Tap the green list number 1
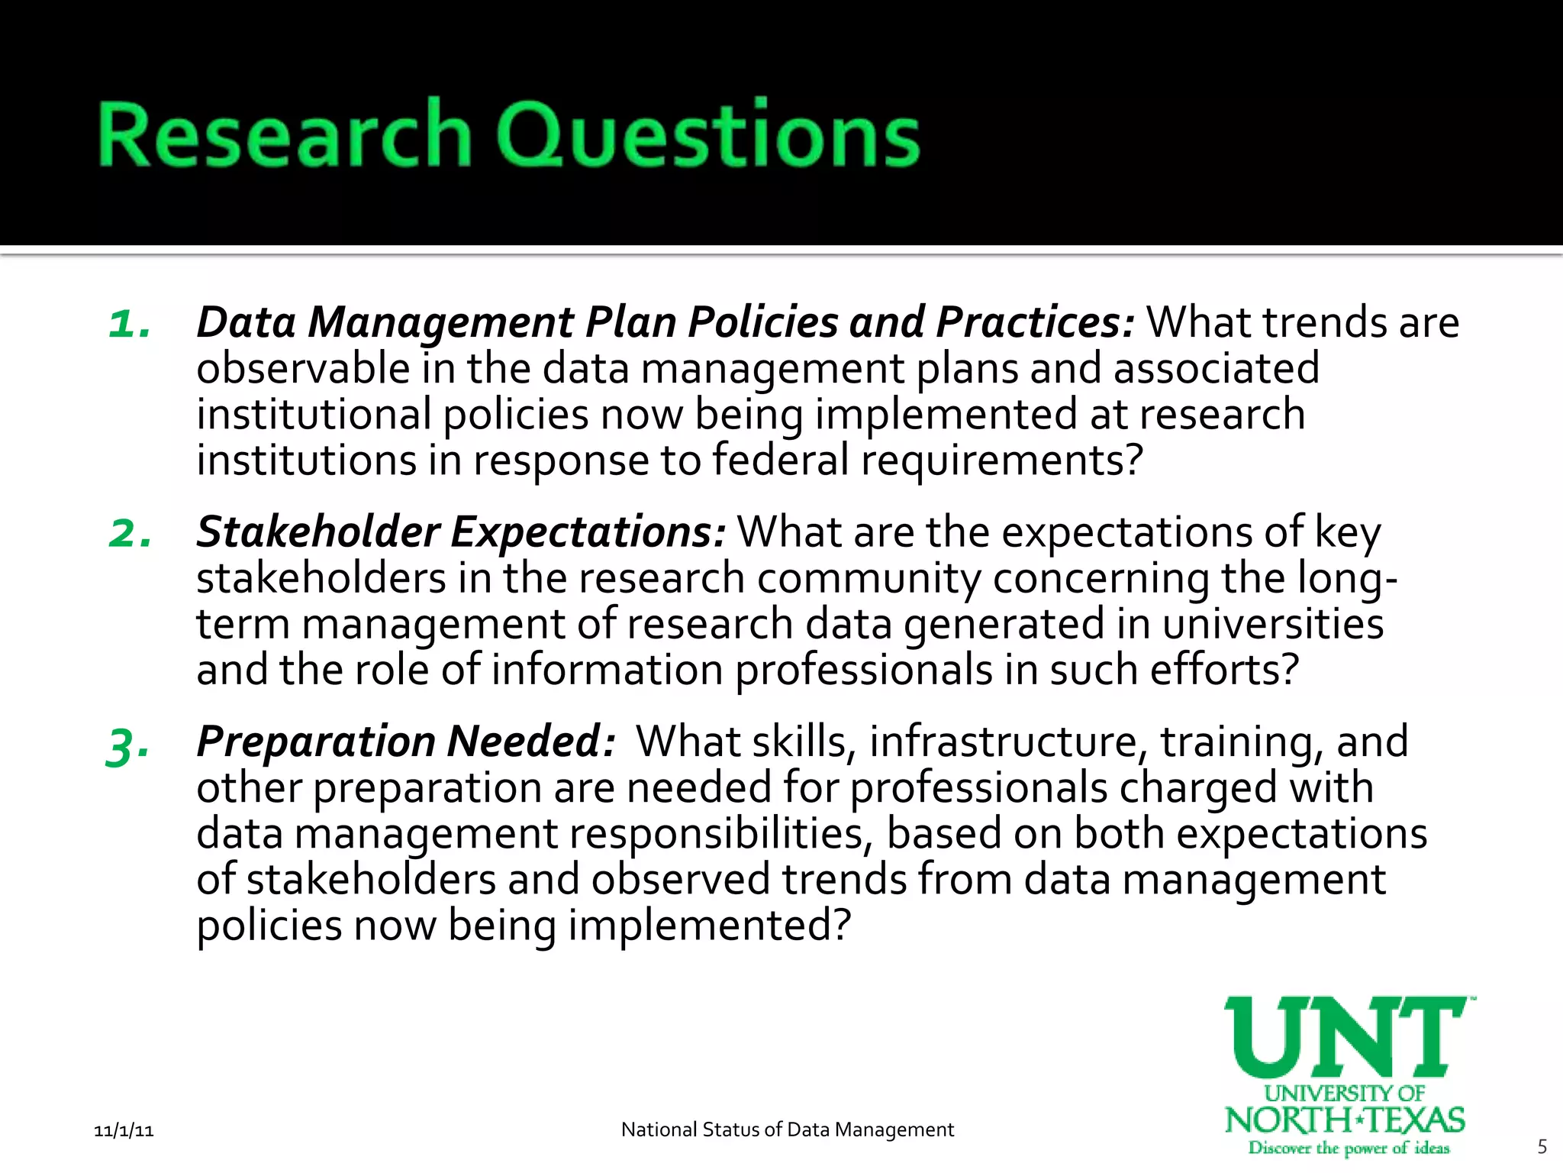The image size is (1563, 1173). tap(128, 324)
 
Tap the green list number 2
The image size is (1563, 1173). tap(130, 533)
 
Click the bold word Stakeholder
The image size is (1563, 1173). tap(318, 532)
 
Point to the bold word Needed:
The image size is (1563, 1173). tap(531, 741)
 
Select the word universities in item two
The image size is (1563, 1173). tap(1273, 623)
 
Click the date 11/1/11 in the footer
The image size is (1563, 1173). tap(124, 1130)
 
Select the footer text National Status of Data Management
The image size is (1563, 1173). tap(787, 1129)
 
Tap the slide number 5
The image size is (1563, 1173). tap(1542, 1146)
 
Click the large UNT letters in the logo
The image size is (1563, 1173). tap(1346, 1037)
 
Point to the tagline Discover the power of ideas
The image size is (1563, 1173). tap(1348, 1148)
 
